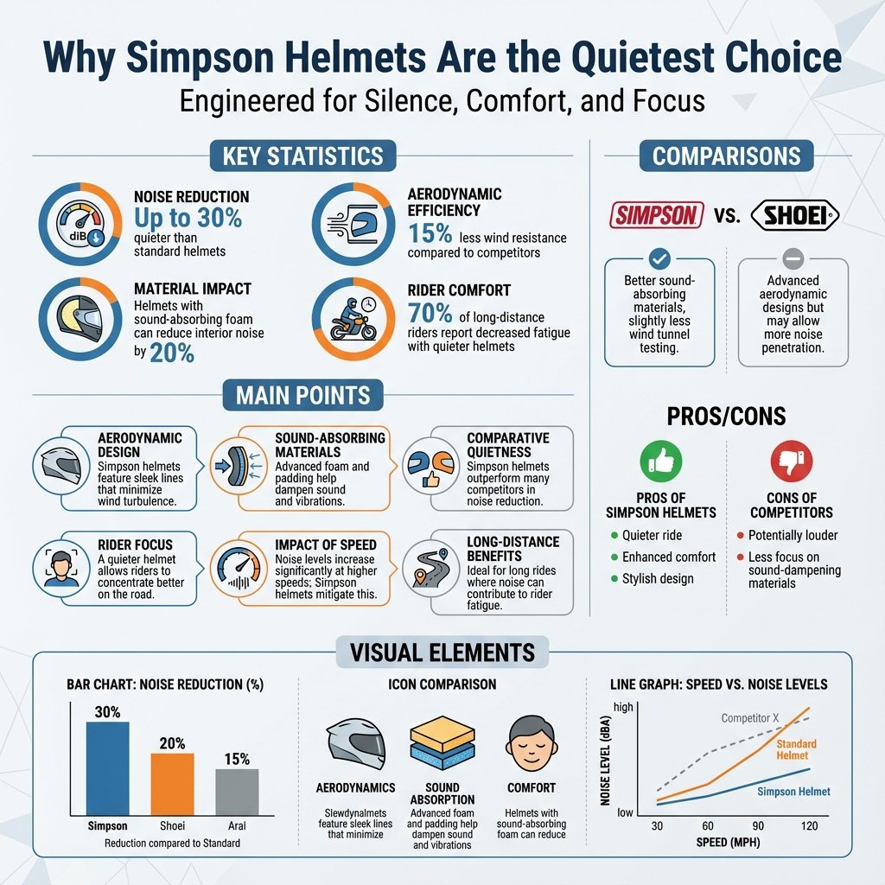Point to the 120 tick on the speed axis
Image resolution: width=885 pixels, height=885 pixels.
[809, 826]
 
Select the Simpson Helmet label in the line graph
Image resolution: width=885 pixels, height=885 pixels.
[793, 791]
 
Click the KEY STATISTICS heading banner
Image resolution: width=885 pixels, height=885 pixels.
[302, 156]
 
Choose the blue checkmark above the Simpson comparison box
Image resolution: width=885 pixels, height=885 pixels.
[660, 258]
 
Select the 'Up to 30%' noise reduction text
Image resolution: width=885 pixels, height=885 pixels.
[188, 219]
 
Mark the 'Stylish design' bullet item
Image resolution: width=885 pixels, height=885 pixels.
[657, 578]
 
